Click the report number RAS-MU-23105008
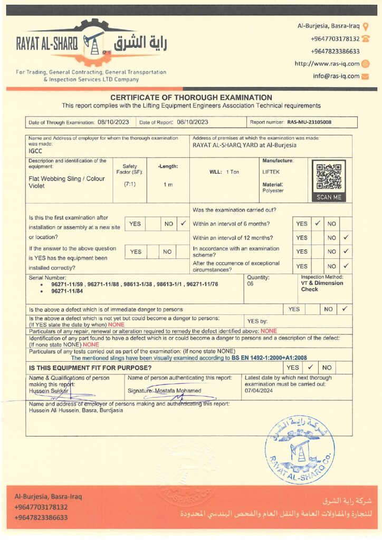309,122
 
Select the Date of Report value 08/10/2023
193,122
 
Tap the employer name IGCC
35,150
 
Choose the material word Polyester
273,190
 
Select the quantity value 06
250,284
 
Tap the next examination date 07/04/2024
259,391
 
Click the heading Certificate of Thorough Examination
191,98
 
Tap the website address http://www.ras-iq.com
327,64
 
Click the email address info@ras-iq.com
336,76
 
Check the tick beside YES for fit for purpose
310,367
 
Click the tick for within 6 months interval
318,224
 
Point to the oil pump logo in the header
95,42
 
